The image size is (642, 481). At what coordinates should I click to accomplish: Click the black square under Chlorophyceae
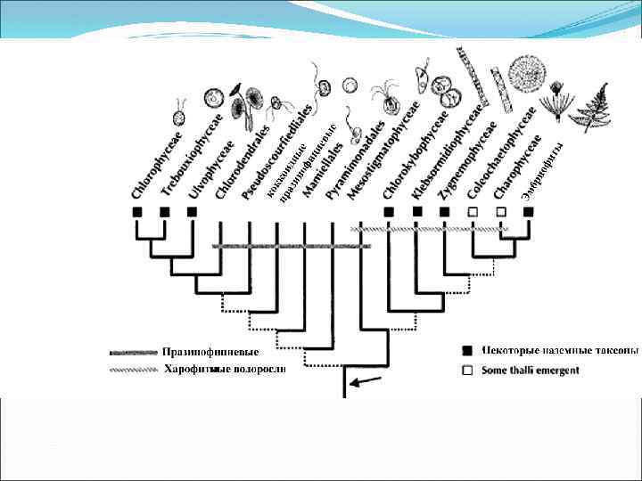(136, 212)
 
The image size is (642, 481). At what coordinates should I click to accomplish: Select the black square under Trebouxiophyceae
(165, 212)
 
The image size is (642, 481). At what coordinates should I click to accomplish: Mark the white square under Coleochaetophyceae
(473, 212)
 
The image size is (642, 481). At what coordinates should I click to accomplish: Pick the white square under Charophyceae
(500, 212)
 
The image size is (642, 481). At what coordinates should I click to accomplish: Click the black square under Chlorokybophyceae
(388, 212)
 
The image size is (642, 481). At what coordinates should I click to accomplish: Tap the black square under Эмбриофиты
(529, 212)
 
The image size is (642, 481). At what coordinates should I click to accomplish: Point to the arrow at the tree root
(365, 384)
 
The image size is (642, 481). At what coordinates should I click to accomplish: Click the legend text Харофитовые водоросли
(224, 369)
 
